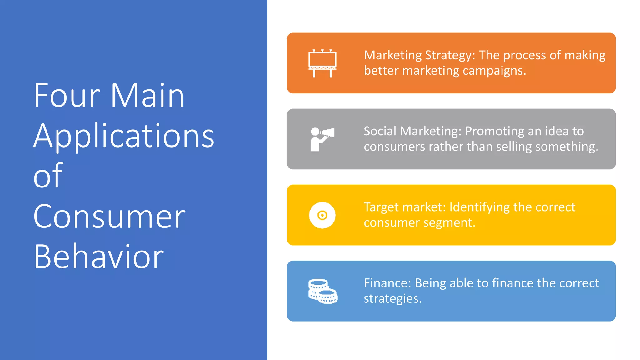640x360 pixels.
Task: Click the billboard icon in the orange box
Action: click(x=322, y=63)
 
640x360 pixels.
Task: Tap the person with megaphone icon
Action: click(x=322, y=139)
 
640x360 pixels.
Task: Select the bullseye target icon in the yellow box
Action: click(x=322, y=215)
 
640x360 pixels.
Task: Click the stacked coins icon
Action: click(x=322, y=291)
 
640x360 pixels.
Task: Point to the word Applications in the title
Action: click(x=124, y=136)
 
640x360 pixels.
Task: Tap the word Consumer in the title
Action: click(x=109, y=217)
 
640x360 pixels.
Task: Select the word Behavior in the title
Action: click(x=99, y=257)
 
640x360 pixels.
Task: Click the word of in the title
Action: click(x=48, y=176)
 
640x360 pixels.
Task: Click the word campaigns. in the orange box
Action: click(x=494, y=71)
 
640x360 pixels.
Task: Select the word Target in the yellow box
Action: click(x=381, y=207)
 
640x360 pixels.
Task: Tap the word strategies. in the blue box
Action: click(x=392, y=299)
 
